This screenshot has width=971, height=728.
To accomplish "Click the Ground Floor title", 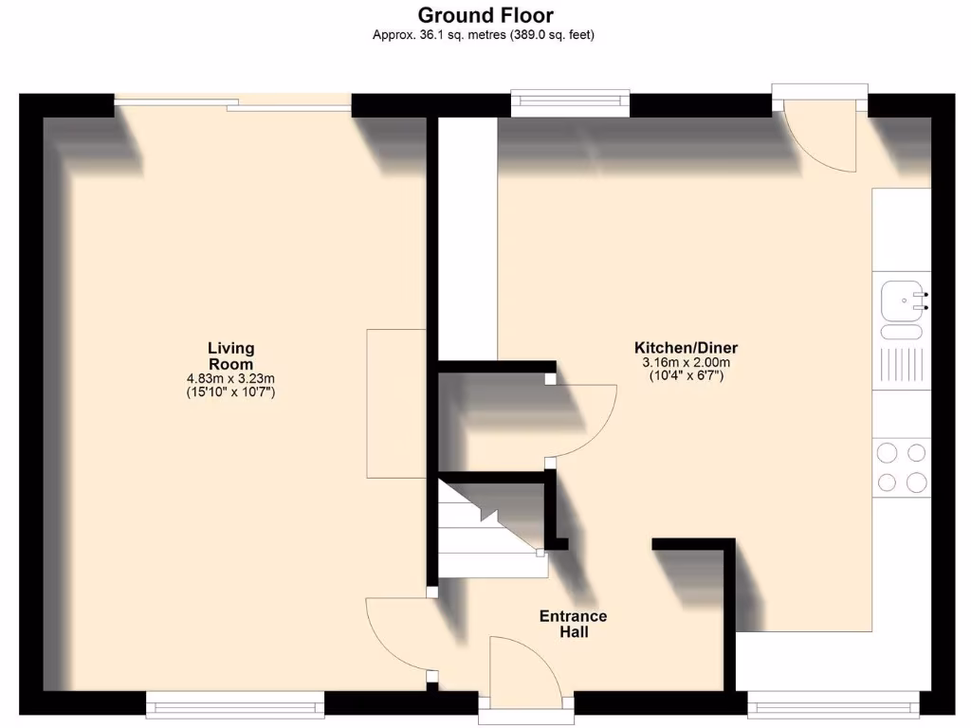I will click(x=485, y=15).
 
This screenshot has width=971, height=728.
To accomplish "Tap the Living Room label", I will click(x=230, y=356).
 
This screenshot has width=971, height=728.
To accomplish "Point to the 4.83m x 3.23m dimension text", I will click(x=230, y=379).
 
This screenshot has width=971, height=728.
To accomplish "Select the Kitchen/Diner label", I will click(x=686, y=347).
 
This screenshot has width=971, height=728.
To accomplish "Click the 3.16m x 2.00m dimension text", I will click(x=686, y=363).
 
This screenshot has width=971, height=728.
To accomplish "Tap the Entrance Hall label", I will click(x=573, y=624).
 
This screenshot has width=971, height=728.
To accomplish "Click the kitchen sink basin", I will click(x=901, y=300).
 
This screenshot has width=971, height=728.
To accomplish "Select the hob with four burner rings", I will click(x=902, y=468).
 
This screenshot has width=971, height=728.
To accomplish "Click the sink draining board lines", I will click(x=902, y=365).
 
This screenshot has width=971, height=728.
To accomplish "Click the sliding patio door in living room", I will click(x=233, y=103).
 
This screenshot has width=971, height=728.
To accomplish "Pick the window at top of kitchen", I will click(x=570, y=102).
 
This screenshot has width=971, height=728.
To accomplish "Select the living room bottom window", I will click(x=235, y=703).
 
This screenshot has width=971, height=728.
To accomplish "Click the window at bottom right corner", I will click(x=833, y=703).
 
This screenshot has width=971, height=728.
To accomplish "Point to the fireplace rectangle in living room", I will click(x=396, y=403).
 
